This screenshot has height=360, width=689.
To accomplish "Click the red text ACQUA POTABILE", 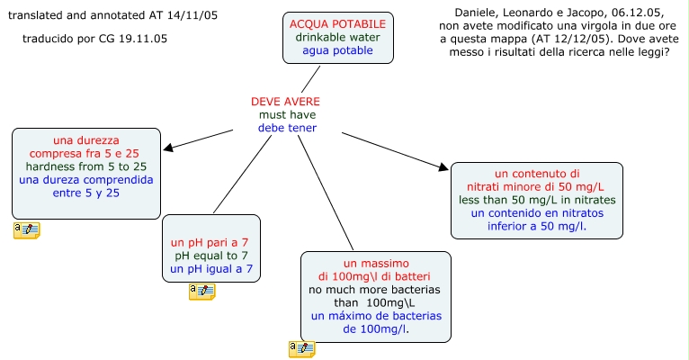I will tap(337, 23).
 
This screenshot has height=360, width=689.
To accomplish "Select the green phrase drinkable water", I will tap(337, 37).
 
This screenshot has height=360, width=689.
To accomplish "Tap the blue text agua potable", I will tap(337, 50).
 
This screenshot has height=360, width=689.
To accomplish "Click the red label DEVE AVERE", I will tap(285, 102).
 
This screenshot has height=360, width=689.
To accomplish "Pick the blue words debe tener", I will tap(287, 128).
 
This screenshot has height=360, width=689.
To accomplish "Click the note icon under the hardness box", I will tap(26, 230).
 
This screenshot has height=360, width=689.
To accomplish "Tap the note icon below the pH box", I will tap(201, 291).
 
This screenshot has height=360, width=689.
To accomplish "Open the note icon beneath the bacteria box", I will tap(301, 349).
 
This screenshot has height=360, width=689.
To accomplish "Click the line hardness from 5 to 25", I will tap(86, 166).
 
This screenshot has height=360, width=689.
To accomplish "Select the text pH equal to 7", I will tap(211, 256).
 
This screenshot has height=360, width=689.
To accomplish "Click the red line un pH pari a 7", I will tap(211, 243).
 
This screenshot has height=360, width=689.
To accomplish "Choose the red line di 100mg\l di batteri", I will tap(375, 276).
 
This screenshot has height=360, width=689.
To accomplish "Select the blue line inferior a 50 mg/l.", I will tap(536, 225).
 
